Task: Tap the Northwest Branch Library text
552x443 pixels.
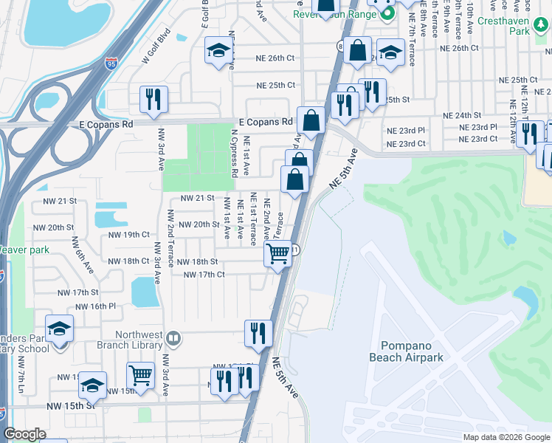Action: click(125, 340)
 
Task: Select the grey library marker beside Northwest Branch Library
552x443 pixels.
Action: click(173, 338)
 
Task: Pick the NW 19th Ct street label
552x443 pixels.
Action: click(129, 235)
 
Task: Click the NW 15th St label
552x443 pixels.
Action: click(70, 405)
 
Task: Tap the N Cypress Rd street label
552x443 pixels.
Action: click(235, 152)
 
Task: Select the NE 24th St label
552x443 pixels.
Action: click(462, 116)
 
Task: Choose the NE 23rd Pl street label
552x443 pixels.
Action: click(406, 129)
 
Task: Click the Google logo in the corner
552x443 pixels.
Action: click(24, 434)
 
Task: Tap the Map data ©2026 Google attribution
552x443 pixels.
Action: click(506, 437)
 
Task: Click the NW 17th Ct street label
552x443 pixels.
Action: click(204, 275)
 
